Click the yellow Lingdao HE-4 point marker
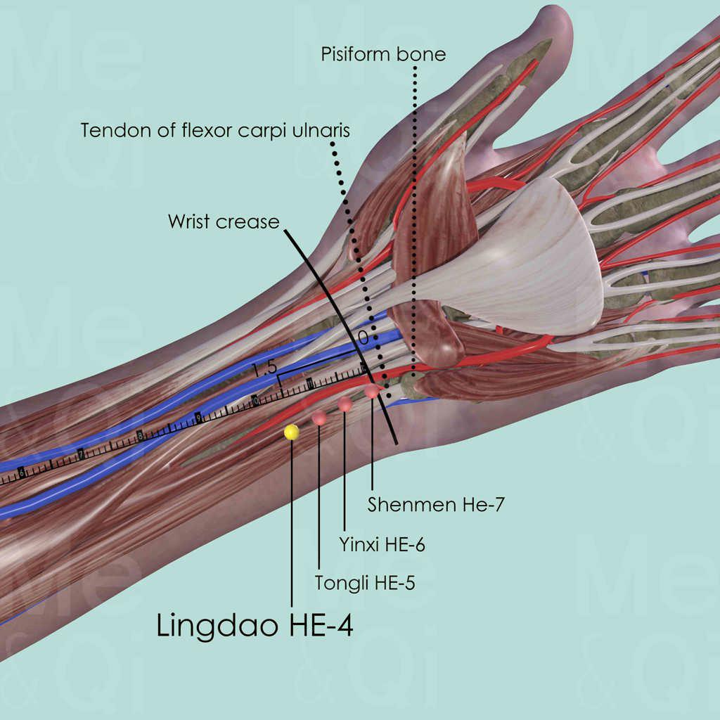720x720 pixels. pyautogui.click(x=291, y=432)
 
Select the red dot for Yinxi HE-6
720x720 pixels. pyautogui.click(x=345, y=404)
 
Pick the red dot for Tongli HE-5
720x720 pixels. pyautogui.click(x=319, y=418)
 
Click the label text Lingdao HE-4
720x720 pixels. pyautogui.click(x=255, y=625)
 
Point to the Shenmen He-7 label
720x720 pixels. pyautogui.click(x=437, y=503)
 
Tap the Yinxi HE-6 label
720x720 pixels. pyautogui.click(x=382, y=544)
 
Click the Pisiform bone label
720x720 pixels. pyautogui.click(x=383, y=54)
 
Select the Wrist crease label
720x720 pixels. pyautogui.click(x=224, y=221)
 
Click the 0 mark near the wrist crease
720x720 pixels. pyautogui.click(x=363, y=338)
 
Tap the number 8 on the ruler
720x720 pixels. pyautogui.click(x=141, y=437)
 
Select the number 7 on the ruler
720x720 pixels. pyautogui.click(x=82, y=455)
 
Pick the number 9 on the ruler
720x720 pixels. pyautogui.click(x=198, y=418)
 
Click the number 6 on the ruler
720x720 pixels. pyautogui.click(x=22, y=473)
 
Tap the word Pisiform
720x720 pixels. pyautogui.click(x=356, y=54)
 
